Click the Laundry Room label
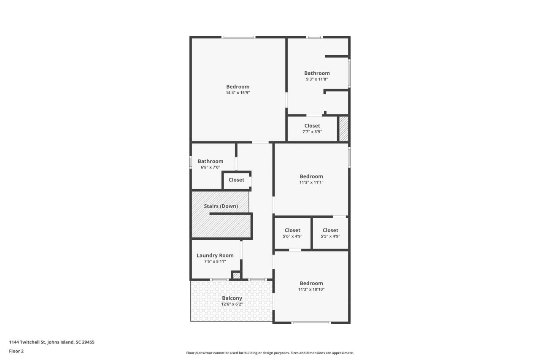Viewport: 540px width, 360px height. (215, 255)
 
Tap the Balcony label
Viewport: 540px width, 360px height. (232, 298)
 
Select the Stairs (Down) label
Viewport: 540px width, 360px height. (221, 206)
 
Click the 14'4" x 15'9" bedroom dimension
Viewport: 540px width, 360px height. (238, 93)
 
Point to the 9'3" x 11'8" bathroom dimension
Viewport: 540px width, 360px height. (317, 79)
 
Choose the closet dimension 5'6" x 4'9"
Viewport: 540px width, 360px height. (292, 236)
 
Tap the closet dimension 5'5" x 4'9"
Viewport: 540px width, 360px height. (330, 236)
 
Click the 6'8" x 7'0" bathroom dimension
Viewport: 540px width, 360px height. (210, 167)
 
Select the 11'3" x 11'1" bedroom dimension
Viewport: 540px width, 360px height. (311, 182)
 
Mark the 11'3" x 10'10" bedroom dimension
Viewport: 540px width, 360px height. (311, 290)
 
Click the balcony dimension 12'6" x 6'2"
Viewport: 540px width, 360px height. (232, 304)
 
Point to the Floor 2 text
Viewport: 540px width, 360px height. (16, 351)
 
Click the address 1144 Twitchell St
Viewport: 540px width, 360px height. (51, 342)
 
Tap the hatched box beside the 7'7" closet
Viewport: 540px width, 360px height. (344, 129)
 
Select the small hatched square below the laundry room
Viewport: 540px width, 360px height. (237, 276)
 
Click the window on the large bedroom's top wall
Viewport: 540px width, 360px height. (239, 38)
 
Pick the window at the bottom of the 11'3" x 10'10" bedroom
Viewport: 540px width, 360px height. (311, 323)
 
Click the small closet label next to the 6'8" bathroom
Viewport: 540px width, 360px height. (236, 180)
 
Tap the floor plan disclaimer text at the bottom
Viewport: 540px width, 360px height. (270, 353)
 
